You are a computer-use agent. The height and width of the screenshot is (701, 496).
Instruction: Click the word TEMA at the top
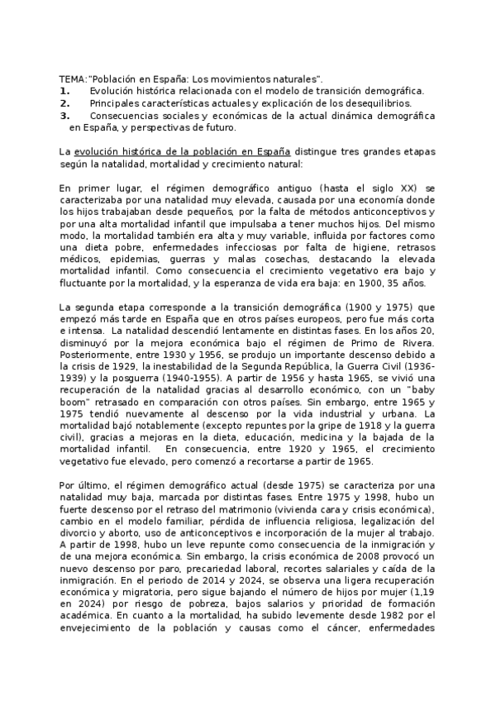(x=73, y=78)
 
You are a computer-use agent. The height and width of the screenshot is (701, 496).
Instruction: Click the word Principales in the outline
(x=118, y=103)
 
